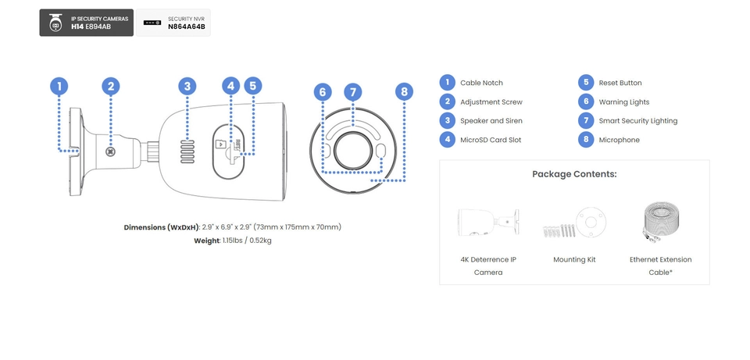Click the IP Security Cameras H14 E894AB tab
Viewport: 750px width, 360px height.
[86, 23]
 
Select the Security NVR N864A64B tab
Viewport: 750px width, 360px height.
[173, 23]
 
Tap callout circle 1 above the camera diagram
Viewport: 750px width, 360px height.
[59, 87]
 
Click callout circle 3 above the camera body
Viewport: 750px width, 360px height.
[187, 87]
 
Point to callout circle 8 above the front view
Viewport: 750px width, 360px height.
[404, 92]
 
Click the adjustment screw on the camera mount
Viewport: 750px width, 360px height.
[111, 152]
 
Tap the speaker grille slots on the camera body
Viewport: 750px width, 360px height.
[187, 152]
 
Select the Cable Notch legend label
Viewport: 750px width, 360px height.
[481, 83]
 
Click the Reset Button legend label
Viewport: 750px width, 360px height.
[620, 83]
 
